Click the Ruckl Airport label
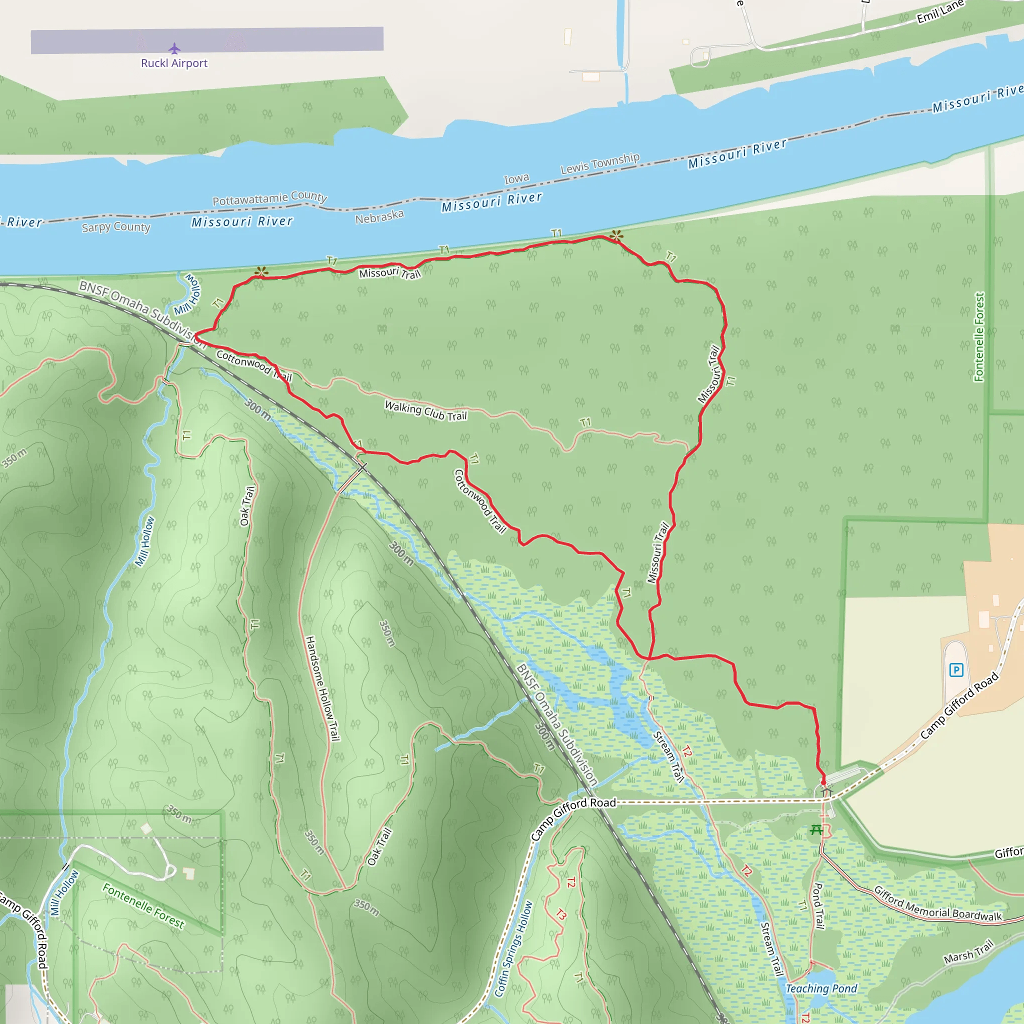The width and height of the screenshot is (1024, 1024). click(174, 63)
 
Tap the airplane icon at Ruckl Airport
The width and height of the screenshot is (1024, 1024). click(174, 49)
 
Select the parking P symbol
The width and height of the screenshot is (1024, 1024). click(955, 670)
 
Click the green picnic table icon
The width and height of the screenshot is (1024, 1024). click(816, 829)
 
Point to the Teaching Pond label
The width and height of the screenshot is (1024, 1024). click(821, 988)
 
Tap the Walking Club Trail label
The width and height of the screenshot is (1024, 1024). click(425, 411)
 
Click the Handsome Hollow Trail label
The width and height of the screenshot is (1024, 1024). click(322, 688)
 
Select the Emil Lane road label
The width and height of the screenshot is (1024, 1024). click(940, 11)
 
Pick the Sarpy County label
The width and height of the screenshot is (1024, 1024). click(116, 227)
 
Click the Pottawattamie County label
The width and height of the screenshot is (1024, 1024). click(270, 198)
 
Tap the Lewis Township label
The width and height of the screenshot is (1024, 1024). click(600, 163)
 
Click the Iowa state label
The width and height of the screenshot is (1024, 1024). click(516, 178)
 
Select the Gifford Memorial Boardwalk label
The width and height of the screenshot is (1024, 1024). click(937, 903)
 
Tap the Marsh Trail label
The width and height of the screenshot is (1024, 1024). click(968, 951)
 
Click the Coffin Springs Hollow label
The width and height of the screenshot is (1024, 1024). click(512, 948)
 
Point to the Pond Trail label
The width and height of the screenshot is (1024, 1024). click(819, 905)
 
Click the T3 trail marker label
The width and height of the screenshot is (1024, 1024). click(561, 914)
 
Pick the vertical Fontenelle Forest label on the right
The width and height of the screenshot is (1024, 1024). click(979, 337)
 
